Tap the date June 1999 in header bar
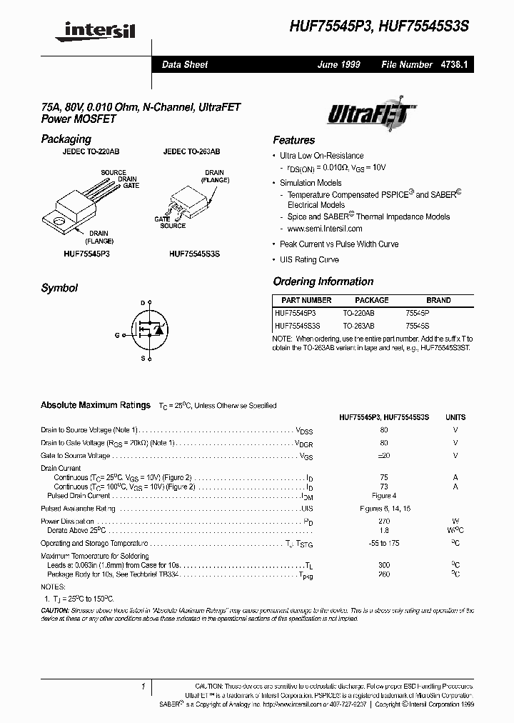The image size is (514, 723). pos(338,64)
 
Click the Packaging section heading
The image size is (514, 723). pos(66,139)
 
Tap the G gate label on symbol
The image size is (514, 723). pos(116,334)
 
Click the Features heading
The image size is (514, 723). pos(293,140)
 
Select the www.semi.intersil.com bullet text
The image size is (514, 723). pos(325,229)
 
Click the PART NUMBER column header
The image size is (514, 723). pos(306,301)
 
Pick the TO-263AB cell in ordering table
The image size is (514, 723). pos(358,325)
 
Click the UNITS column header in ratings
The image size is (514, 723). pos(455,417)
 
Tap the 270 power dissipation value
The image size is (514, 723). pos(384,522)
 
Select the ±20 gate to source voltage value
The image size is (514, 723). pos(384,455)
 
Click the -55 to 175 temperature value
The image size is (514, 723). pos(384,544)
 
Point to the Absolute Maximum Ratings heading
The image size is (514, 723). pos(96,405)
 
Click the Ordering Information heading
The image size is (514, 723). pos(323,281)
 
